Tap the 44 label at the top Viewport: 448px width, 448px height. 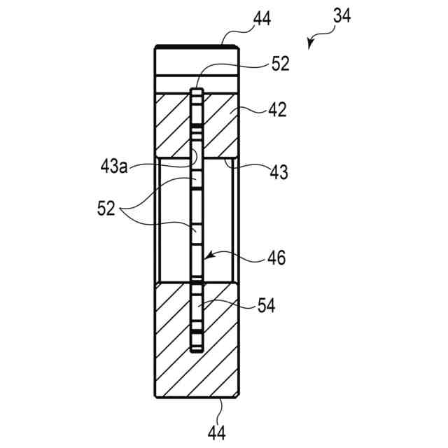tap(262, 18)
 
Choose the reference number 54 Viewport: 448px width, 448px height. tap(265, 305)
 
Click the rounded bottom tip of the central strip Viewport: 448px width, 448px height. tap(197, 349)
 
